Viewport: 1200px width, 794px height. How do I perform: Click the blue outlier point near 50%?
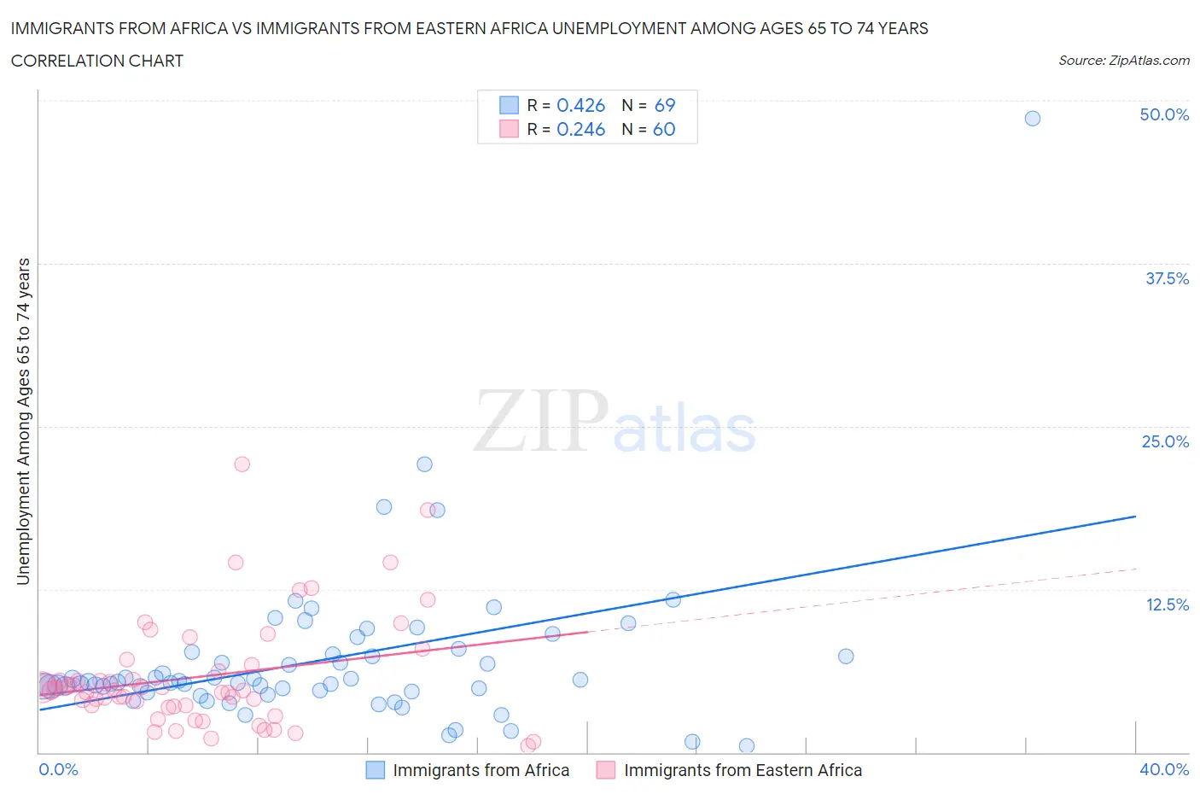[x=1032, y=119]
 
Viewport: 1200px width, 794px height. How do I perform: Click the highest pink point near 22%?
[x=242, y=464]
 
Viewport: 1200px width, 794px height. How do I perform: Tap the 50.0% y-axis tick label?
[x=1163, y=114]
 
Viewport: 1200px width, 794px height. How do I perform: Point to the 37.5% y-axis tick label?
[x=1166, y=278]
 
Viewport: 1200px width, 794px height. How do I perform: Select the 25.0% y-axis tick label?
[x=1164, y=441]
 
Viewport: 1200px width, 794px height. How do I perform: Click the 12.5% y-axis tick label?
[x=1166, y=604]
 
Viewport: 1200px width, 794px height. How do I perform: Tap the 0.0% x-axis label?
[x=58, y=769]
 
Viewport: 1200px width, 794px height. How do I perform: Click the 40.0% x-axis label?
[x=1163, y=769]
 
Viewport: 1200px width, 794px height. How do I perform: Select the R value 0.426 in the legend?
[x=580, y=105]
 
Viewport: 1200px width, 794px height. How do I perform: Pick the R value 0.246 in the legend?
[x=580, y=129]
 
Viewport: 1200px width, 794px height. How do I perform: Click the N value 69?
[x=664, y=105]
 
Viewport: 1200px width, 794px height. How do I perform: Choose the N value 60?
[x=664, y=129]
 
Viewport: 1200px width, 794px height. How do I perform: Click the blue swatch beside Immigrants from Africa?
[x=376, y=770]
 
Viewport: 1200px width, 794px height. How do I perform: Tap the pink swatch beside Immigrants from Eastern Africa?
[x=606, y=770]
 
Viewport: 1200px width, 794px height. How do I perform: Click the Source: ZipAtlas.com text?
[x=1123, y=60]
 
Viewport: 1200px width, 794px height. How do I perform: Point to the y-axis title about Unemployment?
[x=23, y=421]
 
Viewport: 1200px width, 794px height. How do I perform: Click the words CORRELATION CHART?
[x=96, y=61]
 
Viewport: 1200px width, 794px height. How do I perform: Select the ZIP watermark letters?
[x=541, y=421]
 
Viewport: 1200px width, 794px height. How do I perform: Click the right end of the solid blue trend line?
[x=1135, y=517]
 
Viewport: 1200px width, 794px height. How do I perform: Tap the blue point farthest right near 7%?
[x=845, y=657]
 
